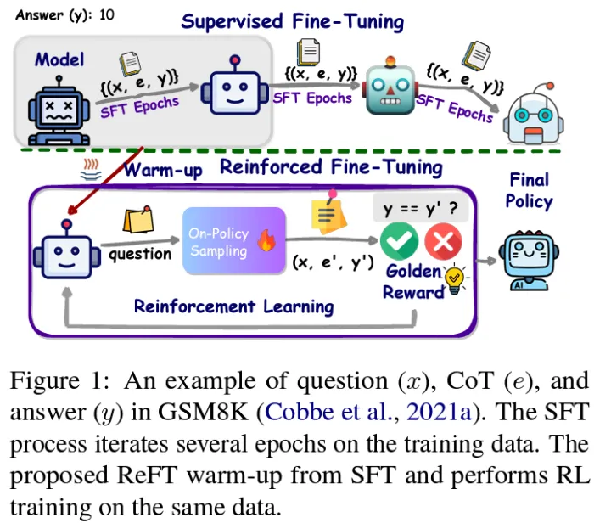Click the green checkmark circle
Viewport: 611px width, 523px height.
399,244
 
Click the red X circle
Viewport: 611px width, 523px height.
442,245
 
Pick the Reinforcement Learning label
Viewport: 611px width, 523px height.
233,306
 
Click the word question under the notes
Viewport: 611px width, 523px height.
140,253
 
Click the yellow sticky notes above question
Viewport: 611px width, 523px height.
138,222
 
